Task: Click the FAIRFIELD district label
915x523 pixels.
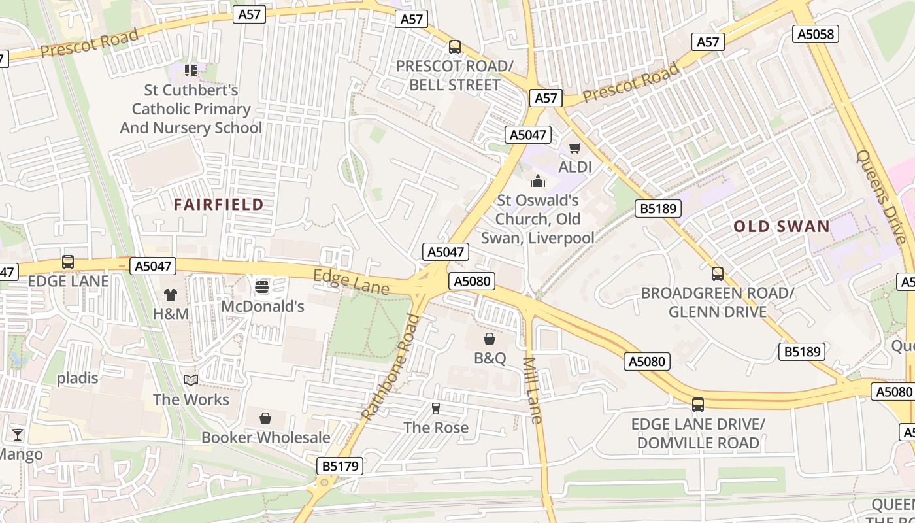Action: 218,205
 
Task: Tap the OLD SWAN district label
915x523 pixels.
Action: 782,227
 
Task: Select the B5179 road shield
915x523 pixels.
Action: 340,466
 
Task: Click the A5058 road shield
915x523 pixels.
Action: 816,34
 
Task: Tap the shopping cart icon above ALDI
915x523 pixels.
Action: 574,148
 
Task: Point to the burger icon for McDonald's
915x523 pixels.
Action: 262,286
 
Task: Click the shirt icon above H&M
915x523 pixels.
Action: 171,295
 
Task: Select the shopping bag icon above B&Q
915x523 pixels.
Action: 489,339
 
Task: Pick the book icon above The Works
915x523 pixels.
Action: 191,380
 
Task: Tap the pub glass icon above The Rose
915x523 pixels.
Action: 436,409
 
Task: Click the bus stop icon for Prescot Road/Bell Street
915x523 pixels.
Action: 454,47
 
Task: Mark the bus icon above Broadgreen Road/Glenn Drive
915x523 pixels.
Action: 718,274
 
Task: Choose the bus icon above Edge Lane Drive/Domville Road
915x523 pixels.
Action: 698,405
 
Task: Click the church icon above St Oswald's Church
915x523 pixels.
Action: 538,180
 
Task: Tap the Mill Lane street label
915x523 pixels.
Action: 533,390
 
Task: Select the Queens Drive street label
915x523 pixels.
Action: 881,195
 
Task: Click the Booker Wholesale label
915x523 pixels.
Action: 265,437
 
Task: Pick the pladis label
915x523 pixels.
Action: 77,378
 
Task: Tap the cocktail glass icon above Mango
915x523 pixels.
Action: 18,434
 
